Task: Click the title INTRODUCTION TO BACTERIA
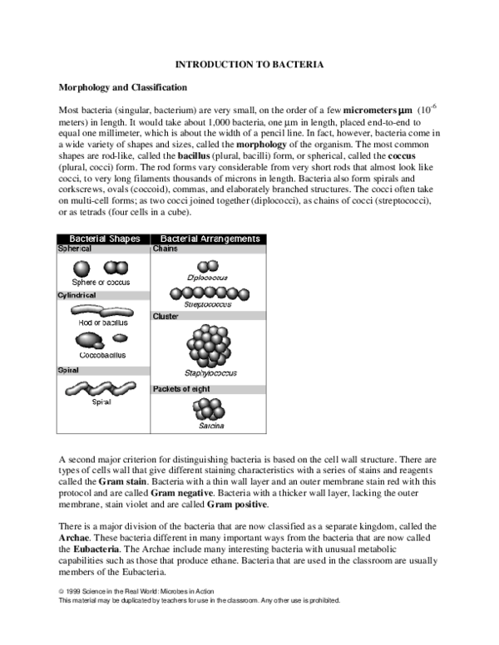coord(249,64)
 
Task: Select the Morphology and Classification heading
coord(122,87)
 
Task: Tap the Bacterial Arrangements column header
coord(210,239)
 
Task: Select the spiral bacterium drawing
coord(102,387)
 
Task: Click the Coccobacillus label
coord(102,355)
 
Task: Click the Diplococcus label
coord(208,277)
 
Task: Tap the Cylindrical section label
coord(77,295)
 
